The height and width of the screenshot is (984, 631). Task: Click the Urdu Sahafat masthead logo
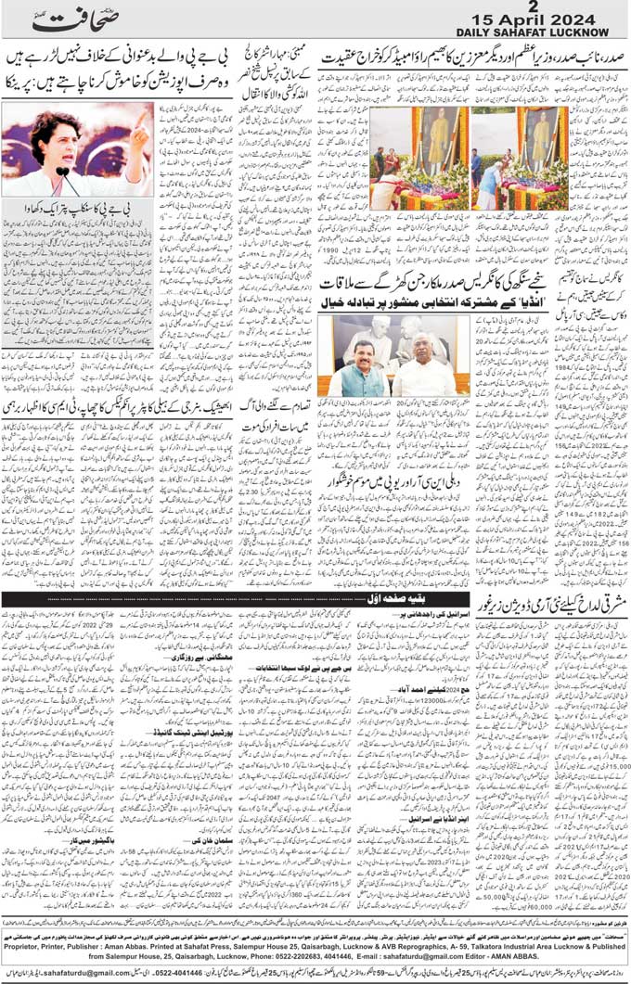[x=70, y=19]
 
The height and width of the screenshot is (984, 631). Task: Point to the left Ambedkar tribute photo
[x=421, y=158]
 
